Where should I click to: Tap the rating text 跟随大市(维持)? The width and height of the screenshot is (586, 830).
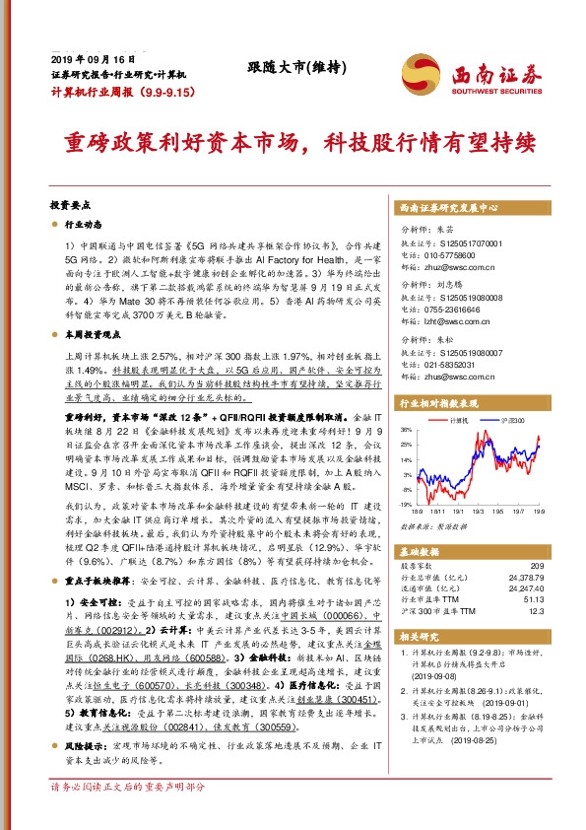point(293,67)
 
